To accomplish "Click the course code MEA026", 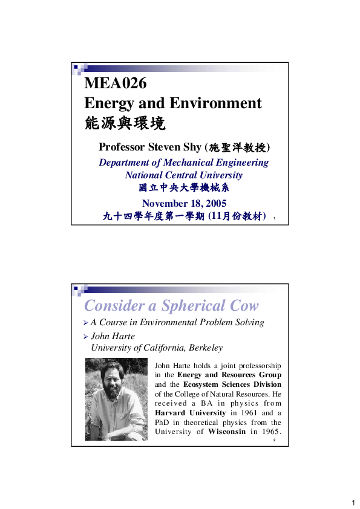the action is point(116,83).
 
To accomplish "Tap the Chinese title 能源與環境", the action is point(124,124).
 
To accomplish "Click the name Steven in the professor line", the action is point(168,147).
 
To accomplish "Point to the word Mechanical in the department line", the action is point(191,163).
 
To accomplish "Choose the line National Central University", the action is point(183,175).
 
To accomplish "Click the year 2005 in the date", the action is point(214,203).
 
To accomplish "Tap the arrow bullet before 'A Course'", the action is point(86,323).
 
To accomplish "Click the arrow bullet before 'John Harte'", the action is point(86,337).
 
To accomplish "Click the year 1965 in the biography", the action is point(270,432).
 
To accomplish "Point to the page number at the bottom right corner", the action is point(352,503).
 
